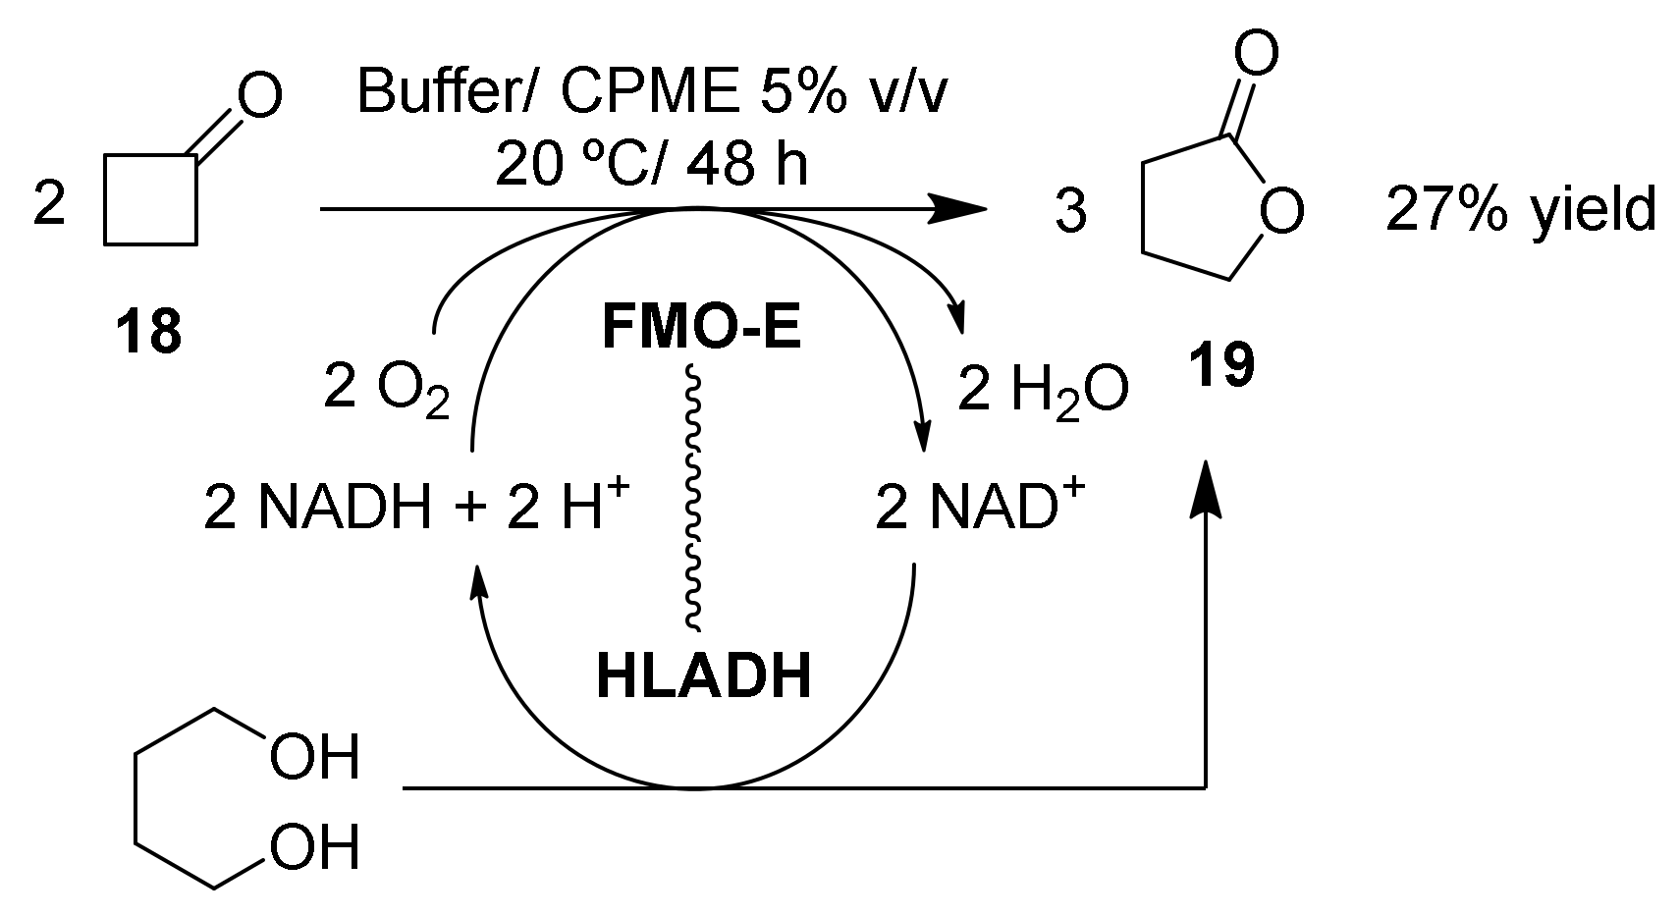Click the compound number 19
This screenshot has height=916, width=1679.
1221,366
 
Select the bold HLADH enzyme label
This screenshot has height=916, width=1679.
703,678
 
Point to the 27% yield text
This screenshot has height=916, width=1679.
1520,211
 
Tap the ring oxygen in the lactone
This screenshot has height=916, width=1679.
1280,212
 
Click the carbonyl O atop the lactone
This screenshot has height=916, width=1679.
1256,54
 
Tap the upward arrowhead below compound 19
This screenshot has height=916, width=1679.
1207,491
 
